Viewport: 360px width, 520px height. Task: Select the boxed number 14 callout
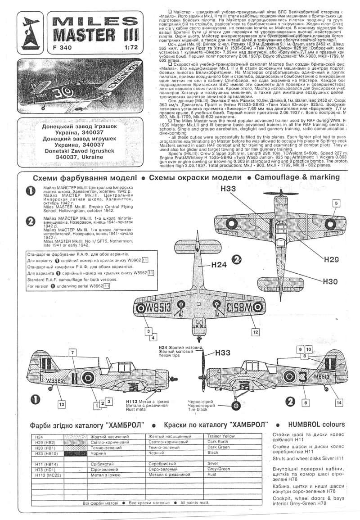339,402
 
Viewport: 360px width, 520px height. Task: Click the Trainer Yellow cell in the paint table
220,436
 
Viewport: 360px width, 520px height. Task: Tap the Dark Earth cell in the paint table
218,443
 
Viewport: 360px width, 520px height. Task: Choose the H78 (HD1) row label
46,469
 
